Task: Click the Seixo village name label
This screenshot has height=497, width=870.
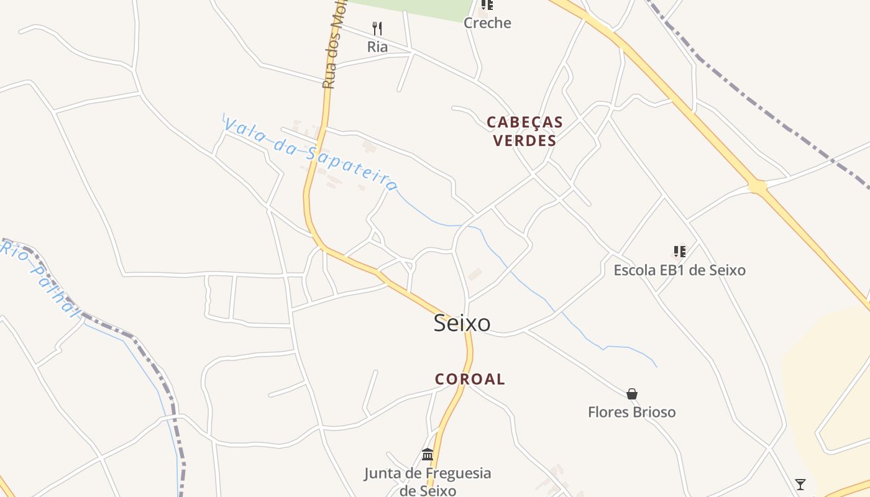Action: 462,323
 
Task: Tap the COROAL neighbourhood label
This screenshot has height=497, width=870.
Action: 470,379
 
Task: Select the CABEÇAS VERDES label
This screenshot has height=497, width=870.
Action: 524,131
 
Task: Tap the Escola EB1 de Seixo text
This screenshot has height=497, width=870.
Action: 679,270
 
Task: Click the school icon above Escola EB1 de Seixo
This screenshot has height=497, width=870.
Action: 680,252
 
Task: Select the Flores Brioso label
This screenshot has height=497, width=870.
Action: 631,412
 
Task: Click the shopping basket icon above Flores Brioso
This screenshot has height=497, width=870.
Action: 632,394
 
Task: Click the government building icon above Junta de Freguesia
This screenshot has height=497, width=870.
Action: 428,455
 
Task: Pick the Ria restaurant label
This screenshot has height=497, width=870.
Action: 377,47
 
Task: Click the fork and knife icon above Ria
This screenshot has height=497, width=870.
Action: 377,28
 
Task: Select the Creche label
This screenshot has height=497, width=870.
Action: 487,23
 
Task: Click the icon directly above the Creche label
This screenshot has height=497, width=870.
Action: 487,5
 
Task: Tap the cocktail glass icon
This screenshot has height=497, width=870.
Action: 800,484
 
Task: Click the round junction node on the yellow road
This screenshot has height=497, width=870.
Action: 757,186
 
